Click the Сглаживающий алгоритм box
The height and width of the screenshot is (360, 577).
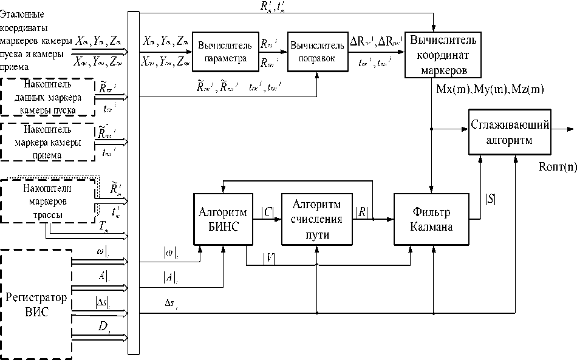click(510, 132)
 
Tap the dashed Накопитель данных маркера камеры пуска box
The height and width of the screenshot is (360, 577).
click(48, 97)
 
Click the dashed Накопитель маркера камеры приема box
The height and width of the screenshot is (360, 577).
click(48, 141)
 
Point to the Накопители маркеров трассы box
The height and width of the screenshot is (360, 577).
click(48, 200)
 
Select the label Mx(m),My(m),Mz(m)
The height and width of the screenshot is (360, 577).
click(490, 89)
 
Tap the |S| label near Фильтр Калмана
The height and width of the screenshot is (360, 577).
click(489, 197)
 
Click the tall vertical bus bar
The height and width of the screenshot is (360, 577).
click(134, 182)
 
